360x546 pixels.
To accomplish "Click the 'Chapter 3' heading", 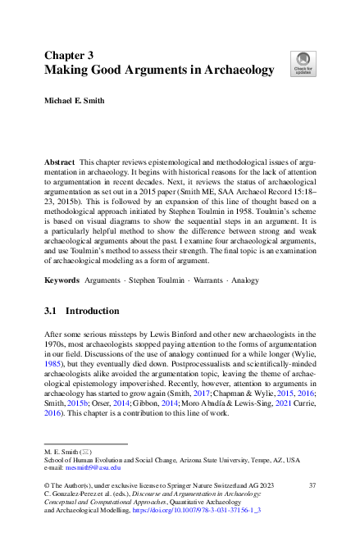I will tap(70, 55).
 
